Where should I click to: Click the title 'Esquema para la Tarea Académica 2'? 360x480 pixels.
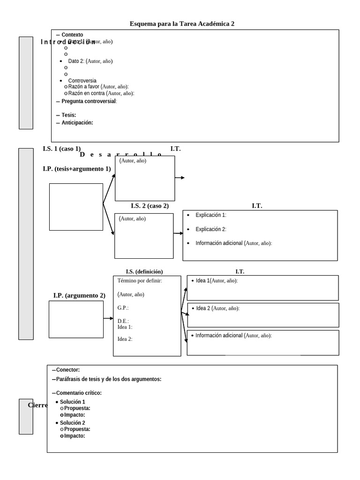point(182,23)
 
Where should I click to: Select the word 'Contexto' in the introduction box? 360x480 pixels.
point(72,35)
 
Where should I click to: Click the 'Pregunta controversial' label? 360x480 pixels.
point(89,101)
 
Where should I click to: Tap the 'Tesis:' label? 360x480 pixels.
point(68,115)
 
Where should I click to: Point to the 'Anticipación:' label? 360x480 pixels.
point(77,123)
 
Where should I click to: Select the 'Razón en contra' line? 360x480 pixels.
point(87,93)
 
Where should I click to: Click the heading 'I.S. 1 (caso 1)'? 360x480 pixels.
point(61,149)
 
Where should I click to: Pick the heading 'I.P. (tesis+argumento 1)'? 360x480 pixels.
point(76,169)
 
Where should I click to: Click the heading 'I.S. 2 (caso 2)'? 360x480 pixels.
point(150,206)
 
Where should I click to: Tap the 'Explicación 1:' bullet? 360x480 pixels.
point(210,215)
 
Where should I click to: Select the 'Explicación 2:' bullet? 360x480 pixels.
point(210,229)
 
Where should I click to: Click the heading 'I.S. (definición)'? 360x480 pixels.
point(144,271)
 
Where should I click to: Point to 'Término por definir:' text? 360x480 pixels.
point(140,281)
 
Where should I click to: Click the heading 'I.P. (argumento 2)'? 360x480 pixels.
point(79,295)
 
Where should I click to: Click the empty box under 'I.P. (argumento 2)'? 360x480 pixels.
point(76,319)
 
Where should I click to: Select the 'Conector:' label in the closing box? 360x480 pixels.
point(67,370)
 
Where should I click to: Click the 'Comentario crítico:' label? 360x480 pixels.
point(79,393)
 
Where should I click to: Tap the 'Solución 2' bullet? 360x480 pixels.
point(72,423)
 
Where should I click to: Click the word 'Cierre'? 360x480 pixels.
point(37,405)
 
